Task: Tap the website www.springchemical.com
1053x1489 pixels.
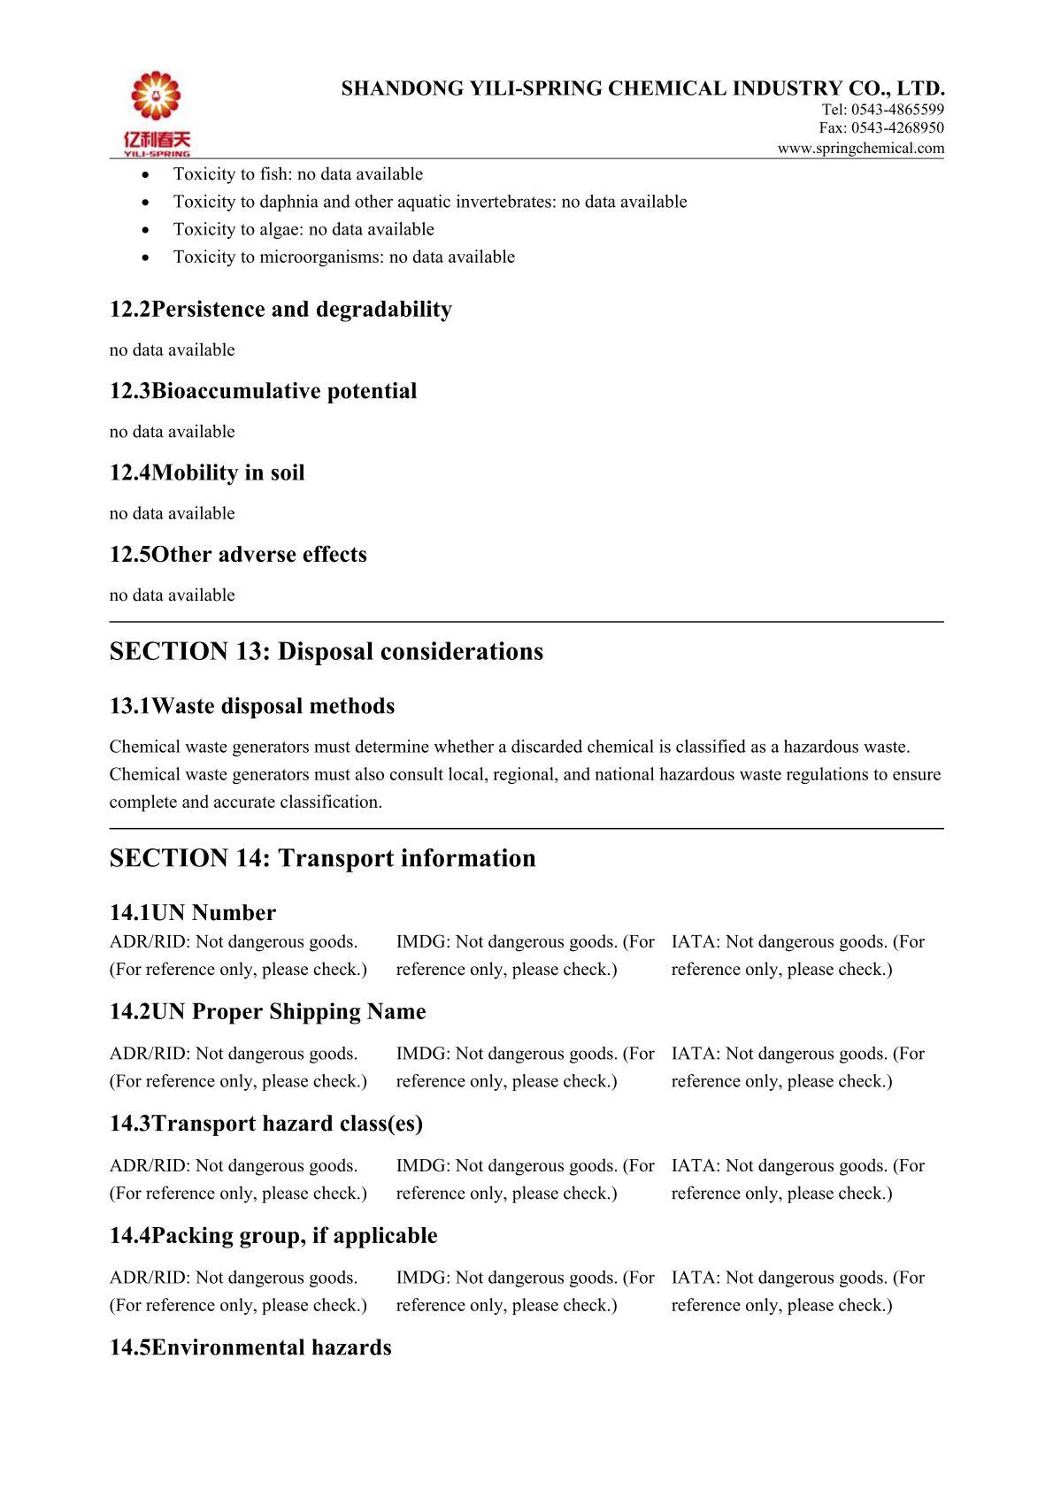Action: point(860,149)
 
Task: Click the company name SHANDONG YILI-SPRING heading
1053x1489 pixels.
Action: point(643,88)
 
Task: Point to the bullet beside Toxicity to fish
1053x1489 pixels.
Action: point(146,175)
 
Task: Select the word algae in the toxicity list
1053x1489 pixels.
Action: point(281,229)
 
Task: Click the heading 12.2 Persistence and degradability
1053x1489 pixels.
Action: point(281,310)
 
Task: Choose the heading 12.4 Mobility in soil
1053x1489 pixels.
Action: point(207,473)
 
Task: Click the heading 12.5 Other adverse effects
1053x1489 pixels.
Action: point(238,555)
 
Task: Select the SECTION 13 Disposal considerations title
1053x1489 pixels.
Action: point(327,652)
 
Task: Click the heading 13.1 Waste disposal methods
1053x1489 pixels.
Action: point(252,706)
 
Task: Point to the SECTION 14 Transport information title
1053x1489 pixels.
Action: point(322,858)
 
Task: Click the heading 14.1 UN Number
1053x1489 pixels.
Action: point(193,913)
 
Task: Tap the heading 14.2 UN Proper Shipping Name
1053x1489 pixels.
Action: point(267,1012)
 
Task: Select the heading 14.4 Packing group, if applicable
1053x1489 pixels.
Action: point(273,1236)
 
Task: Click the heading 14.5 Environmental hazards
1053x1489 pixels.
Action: point(250,1348)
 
